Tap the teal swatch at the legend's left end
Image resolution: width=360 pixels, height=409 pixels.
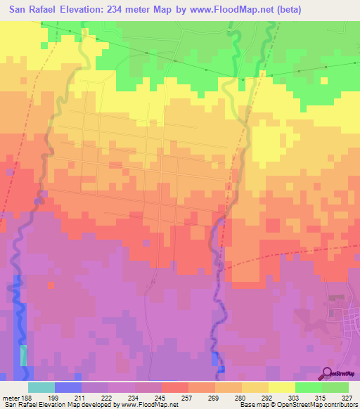(41, 387)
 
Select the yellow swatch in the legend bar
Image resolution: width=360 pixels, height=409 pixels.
(281, 387)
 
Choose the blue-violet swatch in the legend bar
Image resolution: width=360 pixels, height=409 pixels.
(68, 387)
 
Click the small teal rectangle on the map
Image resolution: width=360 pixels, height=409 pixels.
(25, 355)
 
